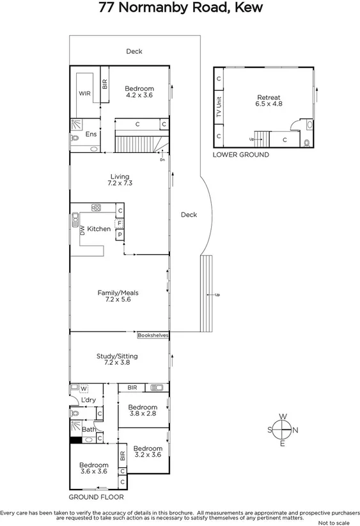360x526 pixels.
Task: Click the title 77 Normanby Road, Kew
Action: coord(180,8)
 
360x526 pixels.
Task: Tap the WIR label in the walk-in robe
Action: coord(84,93)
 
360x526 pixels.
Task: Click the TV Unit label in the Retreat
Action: coord(219,108)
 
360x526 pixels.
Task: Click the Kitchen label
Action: coord(99,228)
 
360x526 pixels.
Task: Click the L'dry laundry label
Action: coord(88,401)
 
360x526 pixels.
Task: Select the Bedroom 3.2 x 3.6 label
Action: coord(148,452)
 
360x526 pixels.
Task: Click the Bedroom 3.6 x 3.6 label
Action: coord(93,468)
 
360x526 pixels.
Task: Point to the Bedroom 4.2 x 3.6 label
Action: coord(139,92)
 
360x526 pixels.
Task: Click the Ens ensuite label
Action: coord(91,134)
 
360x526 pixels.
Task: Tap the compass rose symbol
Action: coord(282,430)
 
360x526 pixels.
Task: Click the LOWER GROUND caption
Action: coord(240,155)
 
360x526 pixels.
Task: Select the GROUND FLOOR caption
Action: coord(96,497)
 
